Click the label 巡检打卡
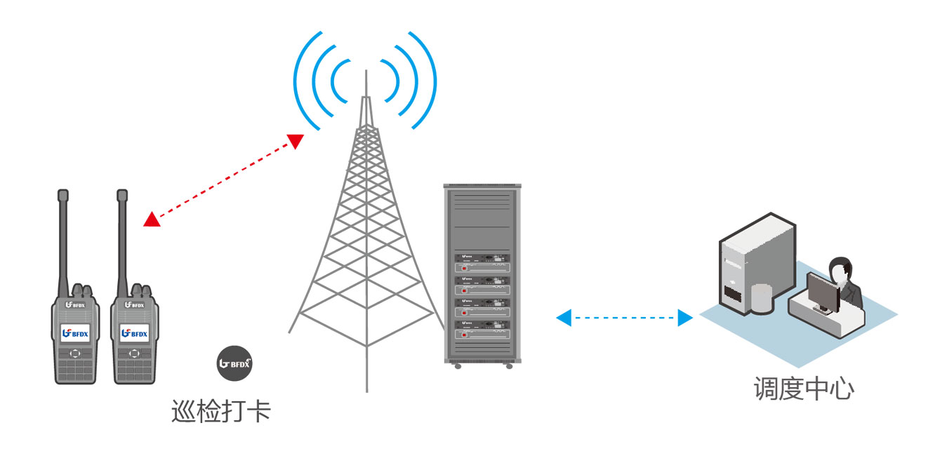pos(220,411)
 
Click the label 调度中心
pos(803,388)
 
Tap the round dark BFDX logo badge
pos(234,363)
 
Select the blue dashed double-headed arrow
pos(625,318)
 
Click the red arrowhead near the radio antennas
pos(151,220)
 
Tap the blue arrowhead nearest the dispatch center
pos(685,318)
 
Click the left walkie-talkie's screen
pos(74,333)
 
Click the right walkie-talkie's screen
pos(133,333)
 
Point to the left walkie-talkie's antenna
pos(63,239)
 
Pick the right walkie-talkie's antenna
pos(122,239)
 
